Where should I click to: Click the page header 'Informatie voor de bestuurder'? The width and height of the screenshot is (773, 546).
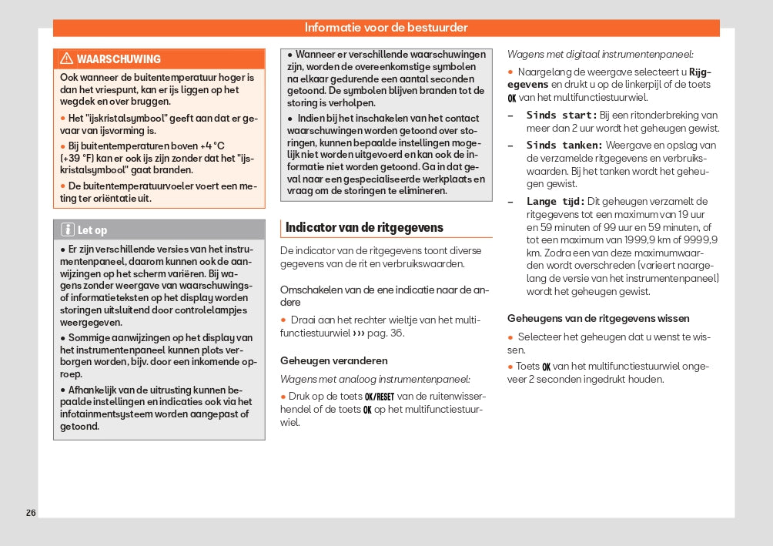tap(386, 28)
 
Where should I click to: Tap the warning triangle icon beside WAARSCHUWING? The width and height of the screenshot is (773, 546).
tap(66, 59)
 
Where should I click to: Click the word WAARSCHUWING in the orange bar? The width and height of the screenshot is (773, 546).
tap(119, 59)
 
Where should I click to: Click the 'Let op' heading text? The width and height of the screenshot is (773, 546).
tap(92, 230)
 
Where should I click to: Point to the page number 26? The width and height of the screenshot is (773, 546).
tap(31, 513)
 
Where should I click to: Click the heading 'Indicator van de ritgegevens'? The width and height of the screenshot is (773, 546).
tap(364, 227)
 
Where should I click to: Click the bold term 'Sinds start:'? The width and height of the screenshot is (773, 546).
tap(561, 115)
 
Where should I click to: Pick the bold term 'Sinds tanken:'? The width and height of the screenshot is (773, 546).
tap(564, 145)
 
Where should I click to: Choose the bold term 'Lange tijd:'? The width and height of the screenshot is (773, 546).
tap(556, 202)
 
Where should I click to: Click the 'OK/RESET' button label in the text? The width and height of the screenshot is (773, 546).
tap(379, 397)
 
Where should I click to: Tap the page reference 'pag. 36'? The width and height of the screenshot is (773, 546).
tap(386, 333)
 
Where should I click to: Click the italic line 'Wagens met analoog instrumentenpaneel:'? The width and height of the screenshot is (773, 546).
tap(375, 379)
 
